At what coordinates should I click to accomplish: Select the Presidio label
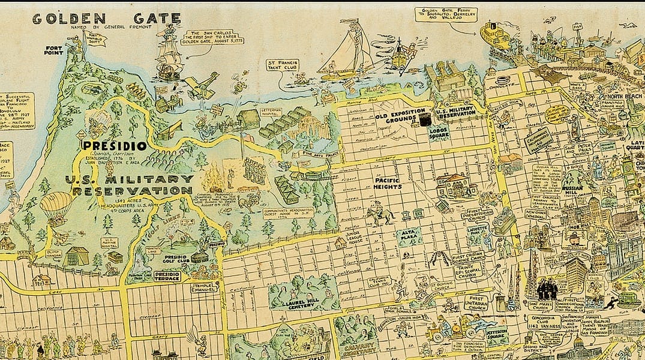114,145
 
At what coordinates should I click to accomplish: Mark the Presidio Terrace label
167,276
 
